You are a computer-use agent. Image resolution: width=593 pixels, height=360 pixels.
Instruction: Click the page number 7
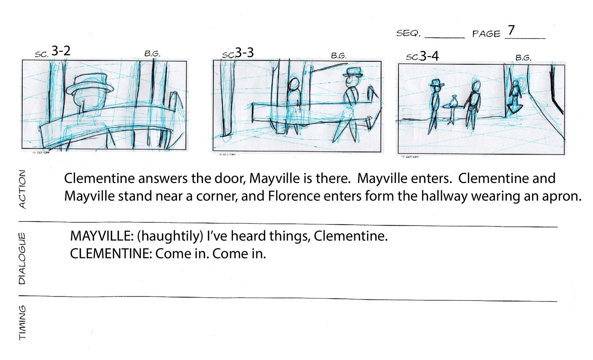tap(511, 30)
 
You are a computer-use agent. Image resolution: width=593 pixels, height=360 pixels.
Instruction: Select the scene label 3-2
tap(61, 51)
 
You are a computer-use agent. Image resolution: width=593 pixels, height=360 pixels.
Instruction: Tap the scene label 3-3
tap(244, 52)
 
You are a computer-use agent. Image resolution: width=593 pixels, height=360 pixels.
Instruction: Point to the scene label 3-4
tap(429, 56)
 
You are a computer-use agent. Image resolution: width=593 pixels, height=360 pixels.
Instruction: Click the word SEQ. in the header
tap(408, 33)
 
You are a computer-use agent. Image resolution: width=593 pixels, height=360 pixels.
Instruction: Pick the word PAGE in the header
tap(486, 34)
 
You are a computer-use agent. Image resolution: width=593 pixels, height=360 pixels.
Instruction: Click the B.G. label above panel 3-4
tap(523, 58)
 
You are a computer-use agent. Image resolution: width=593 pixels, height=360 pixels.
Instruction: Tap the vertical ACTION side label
tap(23, 189)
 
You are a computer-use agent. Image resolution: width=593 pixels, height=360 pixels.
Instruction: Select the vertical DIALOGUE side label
tap(22, 258)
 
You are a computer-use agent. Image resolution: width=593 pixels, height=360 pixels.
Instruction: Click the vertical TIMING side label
tap(23, 323)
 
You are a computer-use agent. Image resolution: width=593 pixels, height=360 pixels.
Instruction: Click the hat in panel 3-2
tap(90, 83)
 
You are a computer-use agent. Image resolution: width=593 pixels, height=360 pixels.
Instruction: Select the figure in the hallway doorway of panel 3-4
tap(514, 97)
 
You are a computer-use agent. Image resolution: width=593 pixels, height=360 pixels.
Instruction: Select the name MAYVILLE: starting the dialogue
tap(102, 236)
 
